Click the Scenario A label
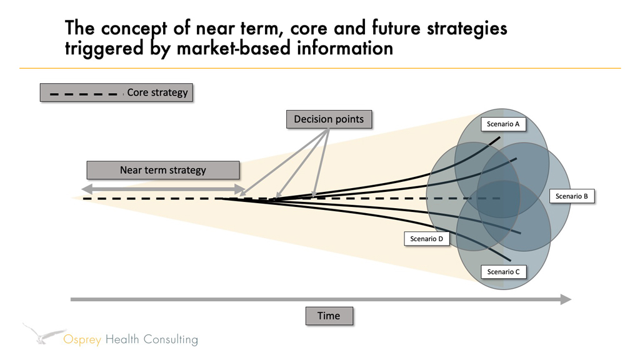(x=503, y=124)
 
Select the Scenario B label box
(x=571, y=196)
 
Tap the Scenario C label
(x=503, y=272)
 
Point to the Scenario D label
(x=426, y=239)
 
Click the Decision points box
(x=329, y=119)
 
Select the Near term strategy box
(x=163, y=170)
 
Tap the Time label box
(x=329, y=316)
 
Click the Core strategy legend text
(x=157, y=92)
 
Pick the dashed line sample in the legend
(x=83, y=94)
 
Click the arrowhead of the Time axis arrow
(x=566, y=299)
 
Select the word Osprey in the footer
(x=82, y=339)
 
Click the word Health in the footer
(x=122, y=339)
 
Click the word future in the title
(x=396, y=27)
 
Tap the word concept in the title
(x=134, y=29)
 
